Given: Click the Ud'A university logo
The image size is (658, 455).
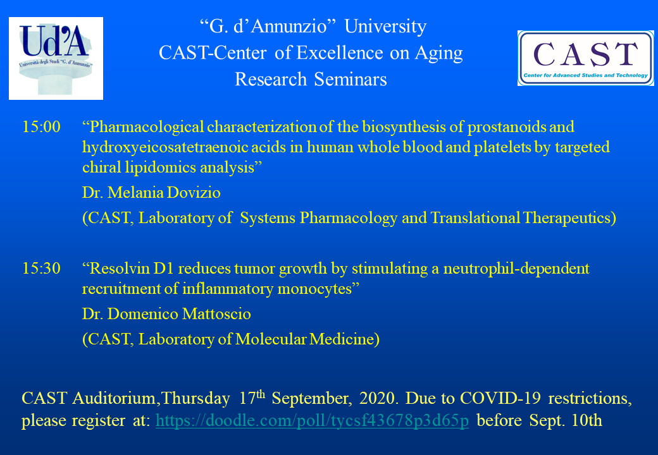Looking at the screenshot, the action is click(x=56, y=58).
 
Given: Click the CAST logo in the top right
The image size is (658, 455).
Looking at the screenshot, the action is click(x=585, y=58).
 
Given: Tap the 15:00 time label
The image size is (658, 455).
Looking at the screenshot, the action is click(x=41, y=127).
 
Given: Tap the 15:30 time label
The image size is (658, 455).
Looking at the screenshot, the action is click(x=41, y=269).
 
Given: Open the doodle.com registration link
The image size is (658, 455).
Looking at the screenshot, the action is click(x=312, y=421).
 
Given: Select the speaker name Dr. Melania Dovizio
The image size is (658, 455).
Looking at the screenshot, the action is click(x=151, y=193).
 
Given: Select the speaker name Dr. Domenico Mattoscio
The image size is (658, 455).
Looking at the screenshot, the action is click(x=166, y=314).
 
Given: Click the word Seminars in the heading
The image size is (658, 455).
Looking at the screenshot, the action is click(x=351, y=79).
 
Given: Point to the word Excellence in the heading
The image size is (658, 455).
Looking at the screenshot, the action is click(x=340, y=53).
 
